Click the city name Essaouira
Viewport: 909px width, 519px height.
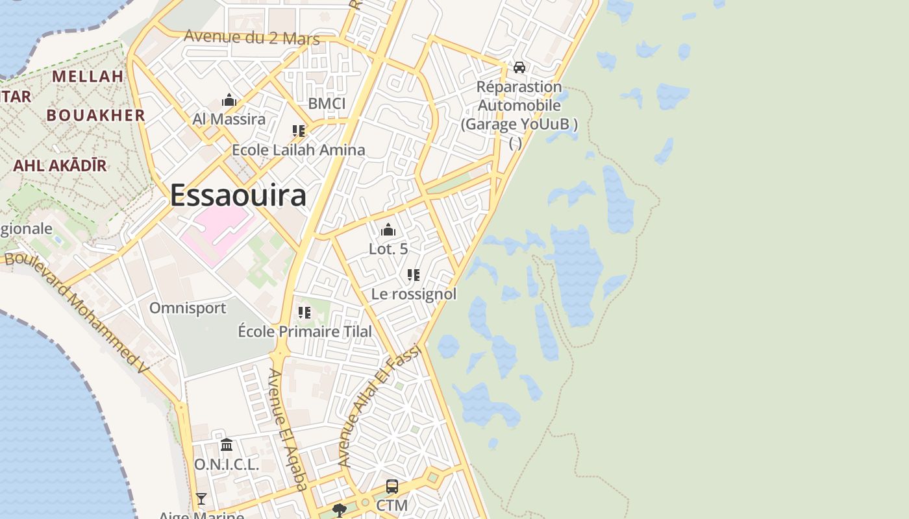(x=238, y=195)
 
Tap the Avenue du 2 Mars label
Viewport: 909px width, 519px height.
(x=252, y=38)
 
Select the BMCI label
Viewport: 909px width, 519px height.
(x=327, y=104)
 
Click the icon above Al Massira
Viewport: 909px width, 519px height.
(x=229, y=101)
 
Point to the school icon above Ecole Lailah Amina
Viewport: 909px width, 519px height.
(x=299, y=131)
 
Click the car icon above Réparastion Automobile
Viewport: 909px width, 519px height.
(x=519, y=67)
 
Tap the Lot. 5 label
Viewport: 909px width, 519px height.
(x=388, y=248)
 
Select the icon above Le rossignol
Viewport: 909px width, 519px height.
(x=414, y=275)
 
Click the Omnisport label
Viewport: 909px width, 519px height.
(x=188, y=308)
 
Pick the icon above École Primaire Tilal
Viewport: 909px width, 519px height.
(x=305, y=313)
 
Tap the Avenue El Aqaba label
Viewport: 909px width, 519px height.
(x=288, y=429)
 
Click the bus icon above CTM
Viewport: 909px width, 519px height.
(x=392, y=487)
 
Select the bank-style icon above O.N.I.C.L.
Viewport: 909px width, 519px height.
(x=227, y=445)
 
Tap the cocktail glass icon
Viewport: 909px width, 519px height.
(x=201, y=499)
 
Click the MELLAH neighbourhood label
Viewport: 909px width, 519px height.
(x=88, y=77)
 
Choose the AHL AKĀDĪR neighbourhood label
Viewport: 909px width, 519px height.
(x=60, y=165)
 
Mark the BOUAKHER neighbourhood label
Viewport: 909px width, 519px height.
(x=95, y=115)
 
